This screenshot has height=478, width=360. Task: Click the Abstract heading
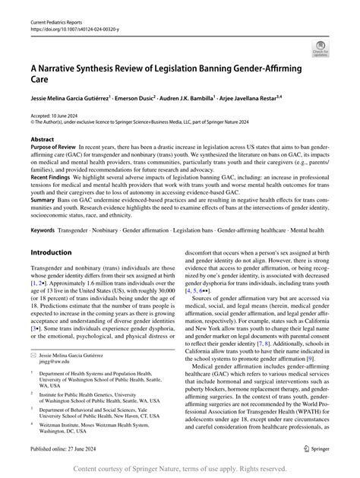click(x=43, y=140)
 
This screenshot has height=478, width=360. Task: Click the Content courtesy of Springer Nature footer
click(x=180, y=470)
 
